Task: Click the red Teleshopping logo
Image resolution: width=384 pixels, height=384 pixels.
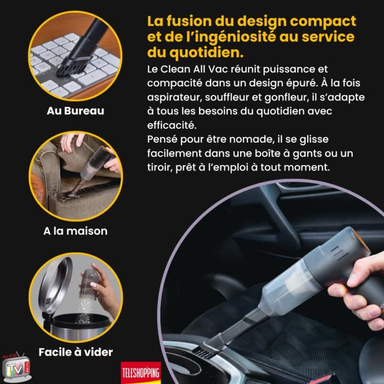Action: click(141, 372)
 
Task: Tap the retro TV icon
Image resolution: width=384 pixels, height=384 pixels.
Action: click(16, 367)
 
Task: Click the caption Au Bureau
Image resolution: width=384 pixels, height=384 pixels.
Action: click(76, 111)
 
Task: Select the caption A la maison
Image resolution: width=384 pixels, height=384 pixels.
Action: click(76, 231)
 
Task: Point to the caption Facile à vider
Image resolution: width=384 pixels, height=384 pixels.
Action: click(76, 352)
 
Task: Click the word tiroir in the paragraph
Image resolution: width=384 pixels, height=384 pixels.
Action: click(160, 167)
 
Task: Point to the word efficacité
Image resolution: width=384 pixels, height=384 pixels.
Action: click(171, 125)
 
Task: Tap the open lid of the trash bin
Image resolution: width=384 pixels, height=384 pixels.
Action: click(55, 286)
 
